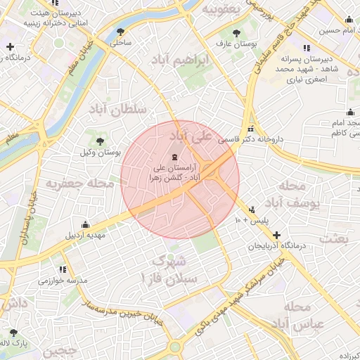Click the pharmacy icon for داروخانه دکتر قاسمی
[252, 128]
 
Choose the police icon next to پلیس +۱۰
[252, 209]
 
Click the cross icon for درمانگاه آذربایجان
[276, 235]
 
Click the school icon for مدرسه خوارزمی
[63, 269]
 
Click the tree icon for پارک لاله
[13, 333]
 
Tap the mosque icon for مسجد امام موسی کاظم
[350, 112]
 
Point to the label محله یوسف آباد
[299, 195]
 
